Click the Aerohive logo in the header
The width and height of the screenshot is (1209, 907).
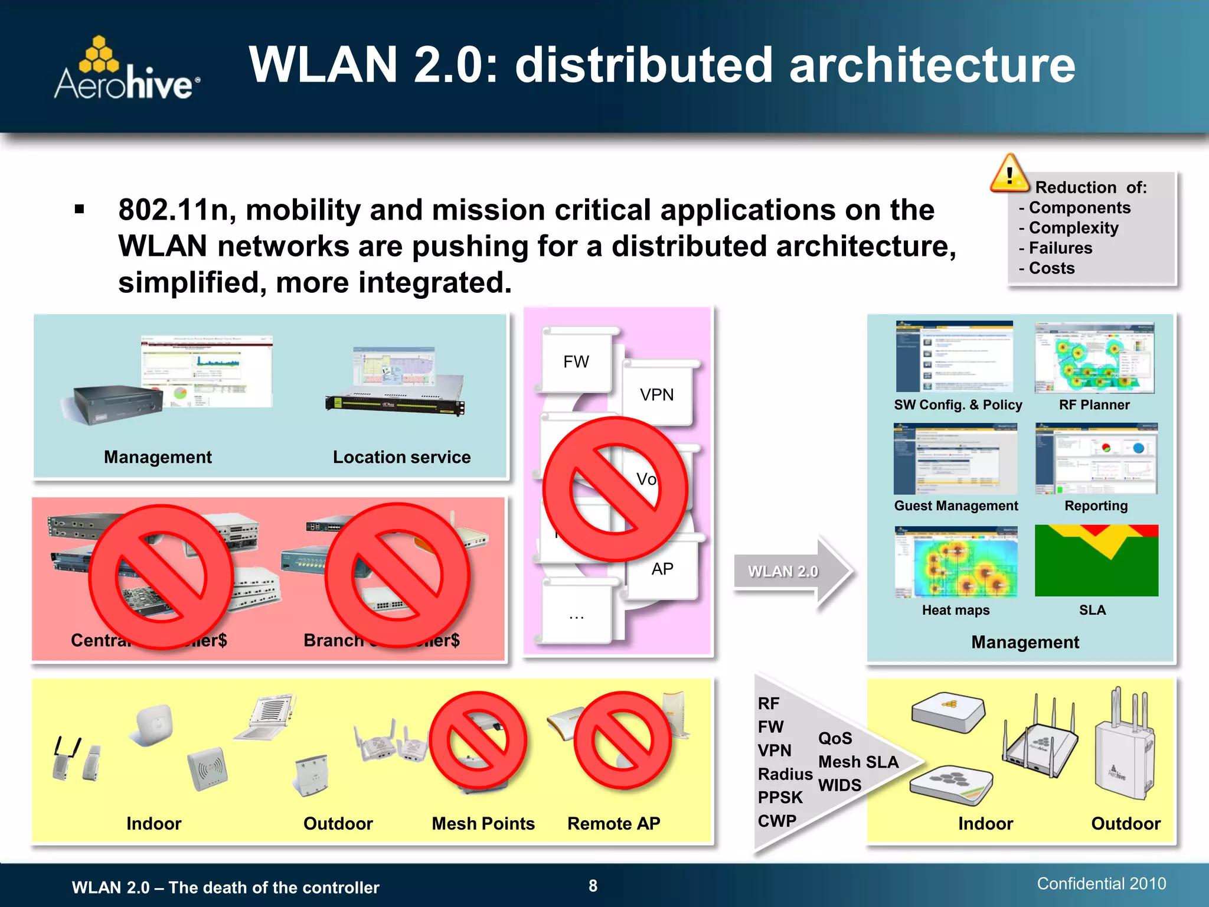coord(127,70)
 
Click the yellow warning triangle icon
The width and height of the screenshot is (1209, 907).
coord(1009,174)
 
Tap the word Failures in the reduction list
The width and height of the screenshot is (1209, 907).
coord(1060,248)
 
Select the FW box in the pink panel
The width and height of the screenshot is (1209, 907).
coord(576,361)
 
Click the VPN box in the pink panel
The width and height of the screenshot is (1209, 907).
coord(656,394)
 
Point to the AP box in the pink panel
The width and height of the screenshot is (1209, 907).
coord(662,569)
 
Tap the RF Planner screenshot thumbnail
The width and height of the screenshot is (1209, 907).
coord(1094,358)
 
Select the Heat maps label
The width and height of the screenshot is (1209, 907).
coord(955,610)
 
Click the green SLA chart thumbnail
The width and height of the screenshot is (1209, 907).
coord(1096,560)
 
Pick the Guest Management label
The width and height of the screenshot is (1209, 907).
coord(956,505)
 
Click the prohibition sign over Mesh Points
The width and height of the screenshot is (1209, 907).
coord(478,740)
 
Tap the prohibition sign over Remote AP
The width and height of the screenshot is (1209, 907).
coord(622,740)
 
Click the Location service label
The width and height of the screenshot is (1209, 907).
coord(401,457)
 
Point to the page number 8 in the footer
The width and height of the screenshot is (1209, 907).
coord(593,886)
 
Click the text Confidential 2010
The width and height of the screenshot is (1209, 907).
coord(1101,883)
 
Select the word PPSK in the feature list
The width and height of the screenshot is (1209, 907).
coord(780,797)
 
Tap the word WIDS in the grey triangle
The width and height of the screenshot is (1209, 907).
coord(839,785)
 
